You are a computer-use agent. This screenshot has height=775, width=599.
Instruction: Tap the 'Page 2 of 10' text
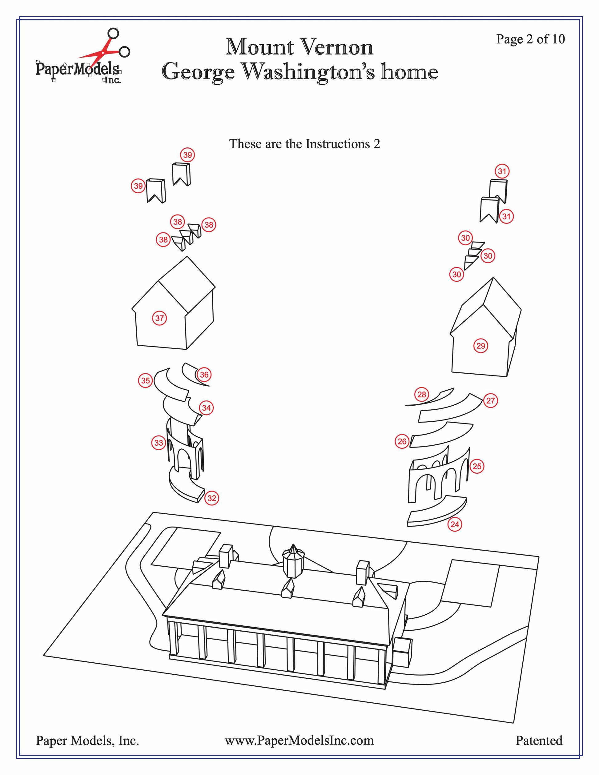point(530,39)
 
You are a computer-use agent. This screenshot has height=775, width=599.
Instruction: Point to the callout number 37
point(160,318)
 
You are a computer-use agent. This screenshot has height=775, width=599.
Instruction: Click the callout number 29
point(481,346)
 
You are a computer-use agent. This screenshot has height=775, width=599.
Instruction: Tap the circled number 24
point(455,524)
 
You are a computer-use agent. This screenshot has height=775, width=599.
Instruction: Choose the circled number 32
point(212,498)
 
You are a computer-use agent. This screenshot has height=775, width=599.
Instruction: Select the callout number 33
point(159,443)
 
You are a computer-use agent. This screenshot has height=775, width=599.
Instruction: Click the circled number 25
point(477,466)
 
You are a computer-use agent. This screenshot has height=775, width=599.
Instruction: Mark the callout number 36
point(204,375)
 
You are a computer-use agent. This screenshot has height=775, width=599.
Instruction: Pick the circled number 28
point(422,395)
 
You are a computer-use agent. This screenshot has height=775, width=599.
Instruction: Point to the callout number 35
point(146,381)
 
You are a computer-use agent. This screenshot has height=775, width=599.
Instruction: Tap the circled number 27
point(490,401)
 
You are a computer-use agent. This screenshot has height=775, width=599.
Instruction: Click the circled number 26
point(402,441)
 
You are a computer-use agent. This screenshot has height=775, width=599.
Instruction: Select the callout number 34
point(206,408)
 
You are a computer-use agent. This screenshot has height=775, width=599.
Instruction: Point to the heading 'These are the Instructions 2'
point(304,144)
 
